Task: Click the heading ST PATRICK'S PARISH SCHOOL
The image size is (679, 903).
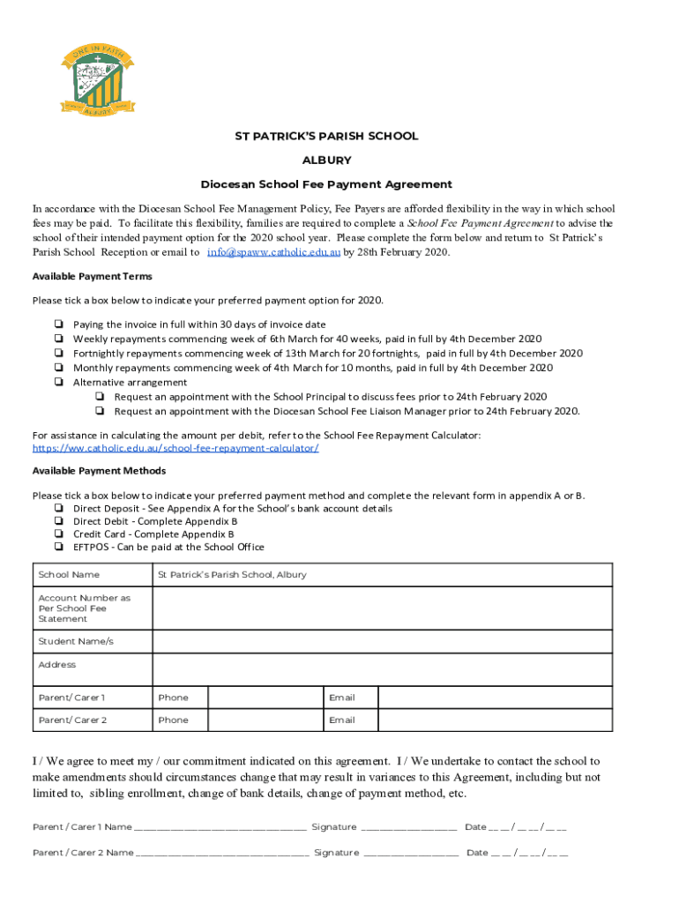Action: point(325,136)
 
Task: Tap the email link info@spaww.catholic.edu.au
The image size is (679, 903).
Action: point(273,252)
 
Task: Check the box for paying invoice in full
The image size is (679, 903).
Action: point(57,325)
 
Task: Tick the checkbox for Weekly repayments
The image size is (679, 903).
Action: point(57,339)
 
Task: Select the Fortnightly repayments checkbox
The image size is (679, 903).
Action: point(57,353)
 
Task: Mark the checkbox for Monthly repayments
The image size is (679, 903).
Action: point(57,368)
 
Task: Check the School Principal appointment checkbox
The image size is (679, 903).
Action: point(101,397)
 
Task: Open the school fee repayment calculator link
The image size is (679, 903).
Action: point(175,448)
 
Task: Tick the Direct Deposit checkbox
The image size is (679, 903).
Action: point(57,508)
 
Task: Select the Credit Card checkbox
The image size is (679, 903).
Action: point(57,534)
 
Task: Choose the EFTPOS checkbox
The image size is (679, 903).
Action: point(57,547)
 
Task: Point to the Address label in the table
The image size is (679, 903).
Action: point(57,664)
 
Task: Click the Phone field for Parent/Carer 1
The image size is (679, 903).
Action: point(265,698)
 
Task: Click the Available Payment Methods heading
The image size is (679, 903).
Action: point(99,470)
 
